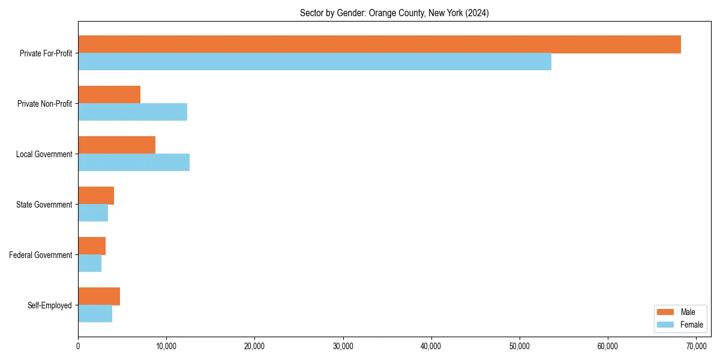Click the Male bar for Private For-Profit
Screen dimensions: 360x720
[x=379, y=44]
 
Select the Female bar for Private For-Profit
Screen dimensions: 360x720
[x=314, y=62]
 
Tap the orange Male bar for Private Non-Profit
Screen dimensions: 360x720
[x=109, y=95]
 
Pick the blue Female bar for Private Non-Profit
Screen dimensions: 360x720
[x=133, y=112]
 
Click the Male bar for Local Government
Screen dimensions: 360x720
[x=116, y=145]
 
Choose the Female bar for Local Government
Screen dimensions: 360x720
[x=134, y=163]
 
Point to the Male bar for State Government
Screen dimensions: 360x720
[x=96, y=196]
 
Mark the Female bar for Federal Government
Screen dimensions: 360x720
[x=89, y=263]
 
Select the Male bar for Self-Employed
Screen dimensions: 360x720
[x=99, y=296]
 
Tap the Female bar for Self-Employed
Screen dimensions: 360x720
[x=95, y=314]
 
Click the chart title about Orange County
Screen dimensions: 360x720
[x=394, y=13]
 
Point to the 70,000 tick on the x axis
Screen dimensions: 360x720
[x=696, y=346]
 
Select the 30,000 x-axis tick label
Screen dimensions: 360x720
[x=343, y=346]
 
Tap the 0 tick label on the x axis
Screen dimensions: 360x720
[x=78, y=346]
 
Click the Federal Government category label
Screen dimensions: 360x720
[x=41, y=255]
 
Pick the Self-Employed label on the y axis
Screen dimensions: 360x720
[x=50, y=305]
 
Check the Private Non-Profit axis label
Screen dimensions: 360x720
[x=44, y=104]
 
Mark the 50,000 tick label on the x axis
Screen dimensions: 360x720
[x=520, y=346]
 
